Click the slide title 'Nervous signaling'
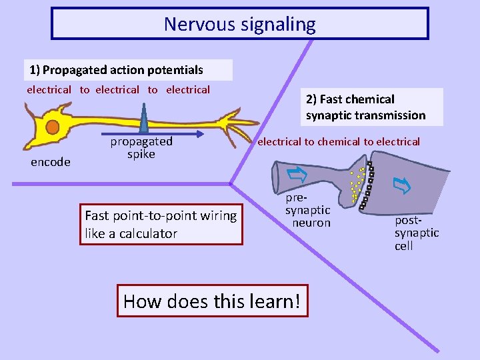click(240, 25)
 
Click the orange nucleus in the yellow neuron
click(52, 127)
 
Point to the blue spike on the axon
click(144, 119)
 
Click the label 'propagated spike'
click(141, 148)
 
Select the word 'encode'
click(51, 162)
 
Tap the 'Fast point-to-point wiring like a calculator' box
click(161, 225)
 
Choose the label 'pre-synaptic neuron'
click(307, 211)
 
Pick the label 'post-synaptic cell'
click(417, 233)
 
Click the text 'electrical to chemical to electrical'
click(339, 141)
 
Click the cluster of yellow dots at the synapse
click(357, 185)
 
